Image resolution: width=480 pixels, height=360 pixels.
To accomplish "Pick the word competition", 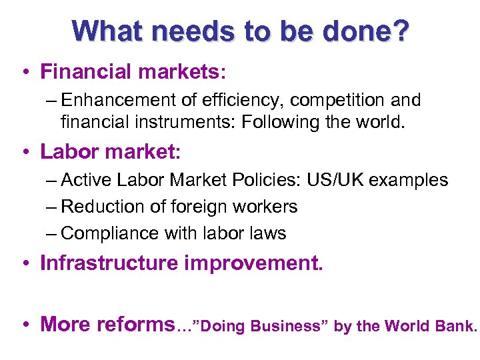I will pyautogui.click(x=331, y=100).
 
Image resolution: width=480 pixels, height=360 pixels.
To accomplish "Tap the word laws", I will pyautogui.click(x=268, y=233).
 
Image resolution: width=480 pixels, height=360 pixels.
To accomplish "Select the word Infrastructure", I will pyautogui.click(x=109, y=263).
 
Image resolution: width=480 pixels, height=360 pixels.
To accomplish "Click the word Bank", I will pyautogui.click(x=461, y=326).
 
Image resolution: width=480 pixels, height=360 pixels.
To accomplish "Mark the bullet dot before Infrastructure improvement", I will pyautogui.click(x=24, y=264).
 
